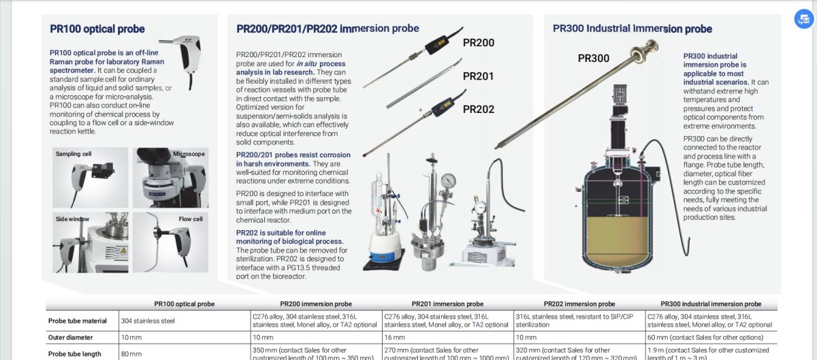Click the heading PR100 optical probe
tap(97, 29)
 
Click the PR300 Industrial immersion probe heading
tap(632, 29)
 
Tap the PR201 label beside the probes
tap(479, 76)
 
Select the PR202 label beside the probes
tap(479, 109)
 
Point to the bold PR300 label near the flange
tap(594, 59)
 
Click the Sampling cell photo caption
tap(74, 154)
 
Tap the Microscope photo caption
tap(189, 154)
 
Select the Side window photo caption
tap(72, 219)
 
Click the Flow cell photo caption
tap(191, 219)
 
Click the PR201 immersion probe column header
tap(447, 304)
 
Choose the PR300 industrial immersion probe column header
tap(711, 304)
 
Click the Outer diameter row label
tap(71, 338)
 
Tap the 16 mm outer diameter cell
tap(394, 338)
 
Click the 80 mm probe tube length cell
tap(131, 354)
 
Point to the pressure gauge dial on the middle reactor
tap(448, 180)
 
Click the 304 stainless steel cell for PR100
tap(148, 321)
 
